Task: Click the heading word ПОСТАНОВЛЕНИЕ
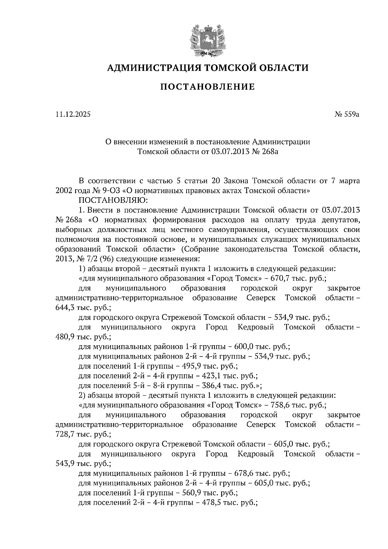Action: pos(208,87)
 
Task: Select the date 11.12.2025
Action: pos(73,114)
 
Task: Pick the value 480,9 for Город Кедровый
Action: pos(65,337)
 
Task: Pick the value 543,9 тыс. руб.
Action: pos(65,463)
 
